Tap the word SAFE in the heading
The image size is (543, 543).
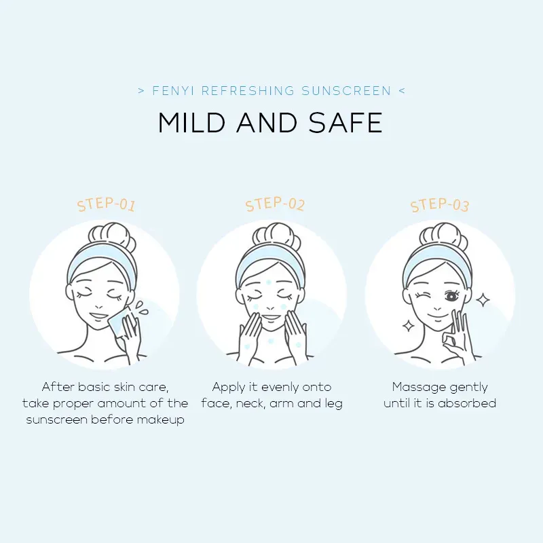pyautogui.click(x=345, y=123)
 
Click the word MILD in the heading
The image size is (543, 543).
pyautogui.click(x=191, y=123)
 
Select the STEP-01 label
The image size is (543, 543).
pyautogui.click(x=106, y=204)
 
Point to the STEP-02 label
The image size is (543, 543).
pyautogui.click(x=275, y=204)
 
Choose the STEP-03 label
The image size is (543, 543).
pyautogui.click(x=440, y=204)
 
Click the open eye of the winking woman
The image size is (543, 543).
pyautogui.click(x=451, y=296)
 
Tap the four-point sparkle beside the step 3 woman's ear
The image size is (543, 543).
pyautogui.click(x=483, y=300)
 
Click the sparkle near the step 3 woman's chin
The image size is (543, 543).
pyautogui.click(x=409, y=326)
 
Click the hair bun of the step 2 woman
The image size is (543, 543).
pyautogui.click(x=276, y=236)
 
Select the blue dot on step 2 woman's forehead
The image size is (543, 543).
pyautogui.click(x=268, y=282)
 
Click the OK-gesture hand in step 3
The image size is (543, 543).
pyautogui.click(x=456, y=337)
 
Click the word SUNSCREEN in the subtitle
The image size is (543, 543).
pyautogui.click(x=346, y=91)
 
